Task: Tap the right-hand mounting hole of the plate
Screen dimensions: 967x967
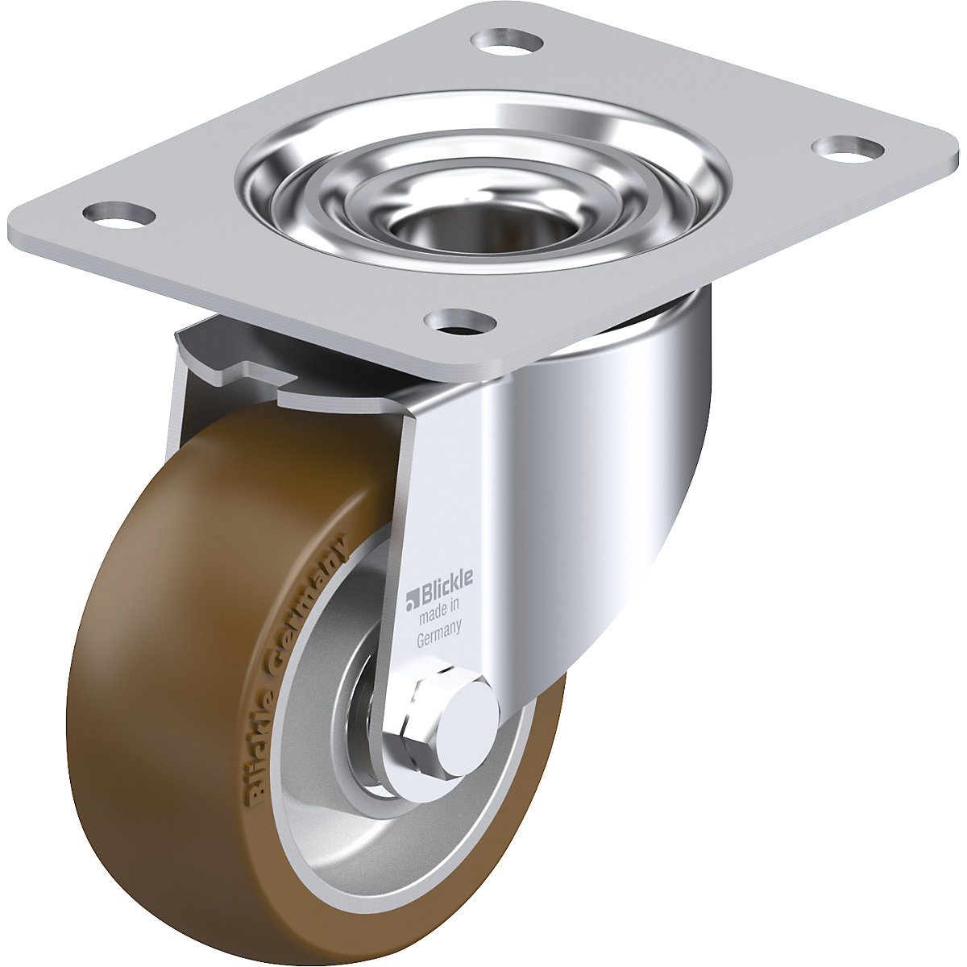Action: tap(846, 147)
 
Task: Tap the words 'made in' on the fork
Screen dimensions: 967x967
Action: tap(439, 613)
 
